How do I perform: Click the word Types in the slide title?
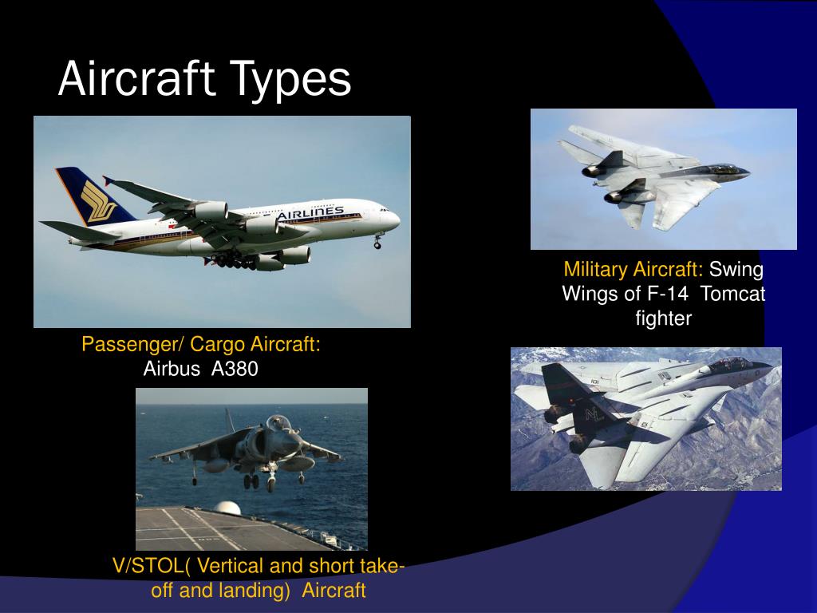pos(291,80)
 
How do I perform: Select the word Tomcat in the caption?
pos(733,294)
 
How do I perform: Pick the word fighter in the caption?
pos(663,318)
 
